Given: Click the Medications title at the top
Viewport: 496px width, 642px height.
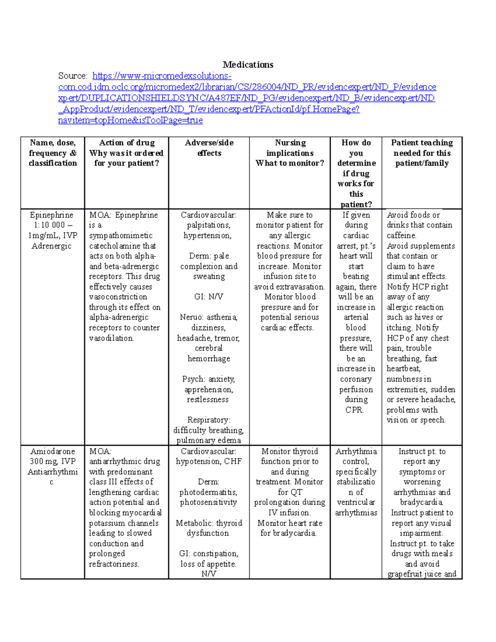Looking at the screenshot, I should tap(248, 64).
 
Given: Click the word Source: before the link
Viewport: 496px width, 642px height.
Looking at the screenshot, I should tap(73, 76).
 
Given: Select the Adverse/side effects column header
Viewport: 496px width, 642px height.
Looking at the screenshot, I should tap(209, 148).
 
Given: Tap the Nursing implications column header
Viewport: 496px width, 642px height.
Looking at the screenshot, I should tap(290, 153).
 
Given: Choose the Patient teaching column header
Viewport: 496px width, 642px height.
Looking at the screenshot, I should tap(422, 153).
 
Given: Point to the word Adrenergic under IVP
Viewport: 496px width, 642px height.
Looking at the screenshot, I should tap(52, 246).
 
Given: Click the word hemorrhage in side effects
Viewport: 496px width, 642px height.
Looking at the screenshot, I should tap(209, 358).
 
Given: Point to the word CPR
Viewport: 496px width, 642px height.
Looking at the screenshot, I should tap(354, 410).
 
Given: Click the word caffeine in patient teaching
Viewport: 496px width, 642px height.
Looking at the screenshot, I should tap(401, 235).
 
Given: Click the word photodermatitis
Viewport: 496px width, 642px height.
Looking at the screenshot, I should tap(208, 492).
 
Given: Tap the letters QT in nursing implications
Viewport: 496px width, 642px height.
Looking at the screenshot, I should tap(296, 492).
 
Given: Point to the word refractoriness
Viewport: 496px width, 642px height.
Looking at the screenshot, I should tap(114, 564).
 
